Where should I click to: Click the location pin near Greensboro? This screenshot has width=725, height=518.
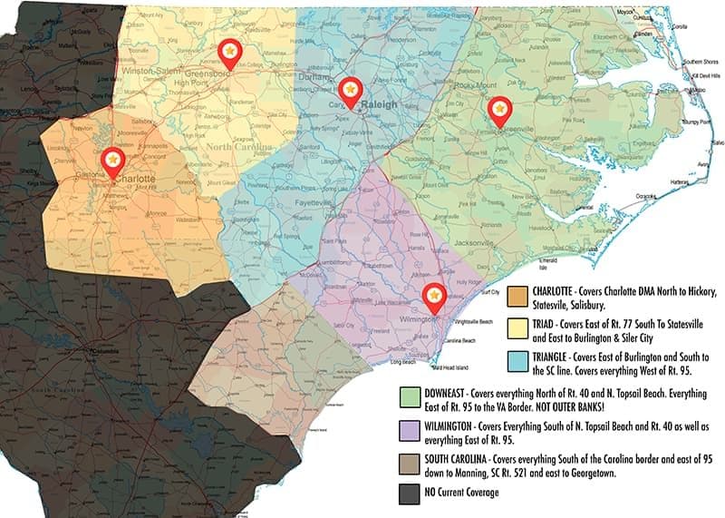(230, 53)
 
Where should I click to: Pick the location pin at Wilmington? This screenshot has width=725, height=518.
(434, 297)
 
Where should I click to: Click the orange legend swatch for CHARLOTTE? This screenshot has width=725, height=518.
(519, 298)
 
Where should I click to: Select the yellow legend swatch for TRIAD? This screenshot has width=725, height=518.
(519, 328)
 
